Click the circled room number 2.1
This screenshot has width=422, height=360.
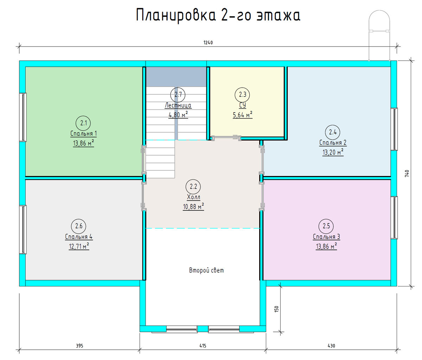83,123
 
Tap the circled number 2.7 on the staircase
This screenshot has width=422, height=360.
178,95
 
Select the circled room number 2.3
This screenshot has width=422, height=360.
242,95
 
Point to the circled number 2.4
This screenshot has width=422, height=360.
333,132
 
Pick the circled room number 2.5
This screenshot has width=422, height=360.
326,226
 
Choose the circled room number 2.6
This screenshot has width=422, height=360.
79,226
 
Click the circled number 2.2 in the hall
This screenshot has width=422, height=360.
193,187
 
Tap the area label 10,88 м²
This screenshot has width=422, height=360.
193,206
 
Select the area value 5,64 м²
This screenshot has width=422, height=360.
243,115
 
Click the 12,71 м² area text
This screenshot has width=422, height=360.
79,246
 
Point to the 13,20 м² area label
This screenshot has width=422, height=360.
333,152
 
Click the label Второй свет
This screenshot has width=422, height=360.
206,270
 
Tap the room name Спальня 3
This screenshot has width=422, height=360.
326,236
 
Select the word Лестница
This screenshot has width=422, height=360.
178,105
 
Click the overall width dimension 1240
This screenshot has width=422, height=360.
208,43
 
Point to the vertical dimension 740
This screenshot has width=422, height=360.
407,173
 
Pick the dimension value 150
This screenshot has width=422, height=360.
276,309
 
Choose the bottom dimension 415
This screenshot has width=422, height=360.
203,346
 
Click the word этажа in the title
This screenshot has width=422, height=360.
279,15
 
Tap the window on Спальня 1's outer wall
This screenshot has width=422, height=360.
23,117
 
